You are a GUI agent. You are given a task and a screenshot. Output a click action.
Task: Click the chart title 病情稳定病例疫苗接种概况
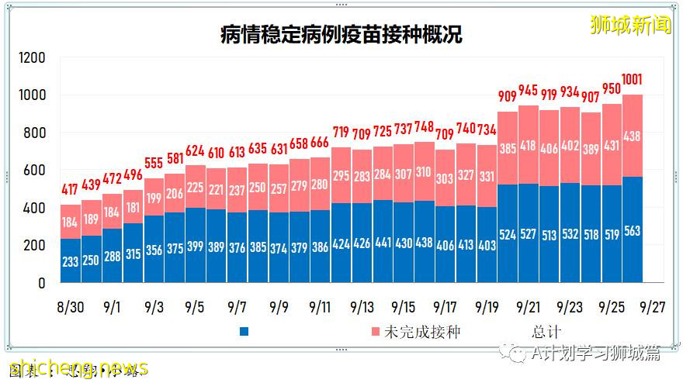pos(341,35)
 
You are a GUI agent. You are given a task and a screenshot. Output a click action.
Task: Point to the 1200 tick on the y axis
pos(32,58)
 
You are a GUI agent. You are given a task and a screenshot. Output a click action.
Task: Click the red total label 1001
pos(632,79)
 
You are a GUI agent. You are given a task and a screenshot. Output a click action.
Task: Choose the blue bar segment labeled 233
pos(71,261)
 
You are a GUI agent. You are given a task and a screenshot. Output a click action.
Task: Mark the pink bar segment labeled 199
pos(154,197)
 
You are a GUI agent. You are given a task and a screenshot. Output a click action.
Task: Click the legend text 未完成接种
pos(422,332)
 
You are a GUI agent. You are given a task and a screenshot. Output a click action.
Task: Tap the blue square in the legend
pos(245,332)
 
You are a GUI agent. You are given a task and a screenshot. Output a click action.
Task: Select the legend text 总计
pos(546,332)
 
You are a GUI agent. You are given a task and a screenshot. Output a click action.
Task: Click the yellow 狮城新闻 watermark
pos(630,25)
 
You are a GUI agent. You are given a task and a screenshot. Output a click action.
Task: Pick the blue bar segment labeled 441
pos(383,241)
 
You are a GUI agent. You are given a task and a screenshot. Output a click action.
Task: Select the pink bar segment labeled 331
pos(487,177)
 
